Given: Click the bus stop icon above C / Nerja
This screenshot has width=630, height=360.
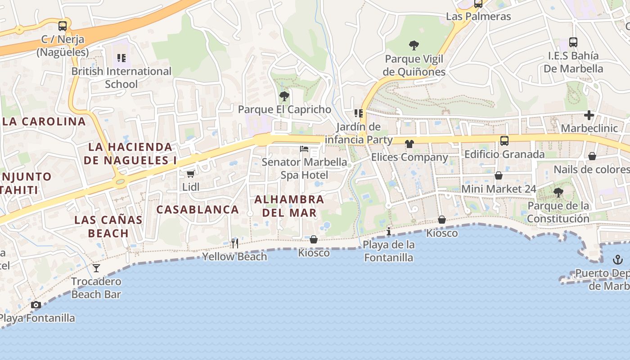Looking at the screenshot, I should tap(63, 26).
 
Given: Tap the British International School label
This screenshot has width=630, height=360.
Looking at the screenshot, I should tap(121, 77).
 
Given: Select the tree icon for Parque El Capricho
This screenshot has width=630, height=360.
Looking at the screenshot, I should tap(284, 96).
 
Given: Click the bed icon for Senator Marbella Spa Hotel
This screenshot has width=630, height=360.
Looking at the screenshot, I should tap(305, 148).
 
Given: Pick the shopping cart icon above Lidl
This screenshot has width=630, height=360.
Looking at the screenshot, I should tap(191, 174).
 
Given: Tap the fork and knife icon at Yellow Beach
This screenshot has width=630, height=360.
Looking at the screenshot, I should tap(234, 243).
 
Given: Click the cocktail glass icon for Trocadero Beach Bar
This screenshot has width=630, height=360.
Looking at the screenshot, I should tap(96, 268).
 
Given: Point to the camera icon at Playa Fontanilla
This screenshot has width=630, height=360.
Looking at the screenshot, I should tap(36, 305).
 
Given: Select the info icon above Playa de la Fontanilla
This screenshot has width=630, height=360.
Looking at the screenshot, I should tap(389, 232).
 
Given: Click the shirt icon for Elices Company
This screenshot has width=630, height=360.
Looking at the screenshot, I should tap(409, 144).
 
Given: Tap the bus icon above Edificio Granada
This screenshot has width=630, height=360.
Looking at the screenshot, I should tap(504, 141).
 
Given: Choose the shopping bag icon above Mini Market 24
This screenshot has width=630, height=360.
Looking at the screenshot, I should tap(499, 175).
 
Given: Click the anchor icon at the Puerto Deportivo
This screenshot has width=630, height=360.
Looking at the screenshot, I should tap(618, 260).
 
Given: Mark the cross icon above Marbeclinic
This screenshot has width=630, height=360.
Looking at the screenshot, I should tap(589, 115).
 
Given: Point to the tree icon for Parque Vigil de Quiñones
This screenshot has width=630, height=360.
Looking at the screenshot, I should tap(414, 45).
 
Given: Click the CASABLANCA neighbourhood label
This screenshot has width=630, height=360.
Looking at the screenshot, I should tap(198, 209).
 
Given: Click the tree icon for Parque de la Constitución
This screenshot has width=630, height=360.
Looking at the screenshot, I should tap(558, 193).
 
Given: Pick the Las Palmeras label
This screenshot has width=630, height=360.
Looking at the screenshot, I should tap(478, 17).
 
